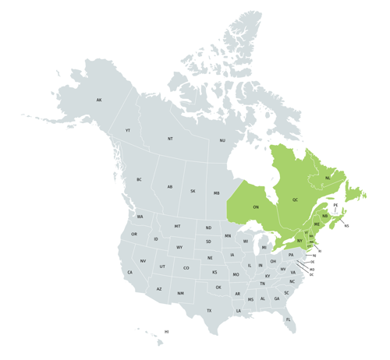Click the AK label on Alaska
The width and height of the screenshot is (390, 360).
click(99, 101)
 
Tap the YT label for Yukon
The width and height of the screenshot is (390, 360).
click(128, 131)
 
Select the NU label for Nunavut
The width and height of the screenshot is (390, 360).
click(222, 140)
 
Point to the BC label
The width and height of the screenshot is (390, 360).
click(139, 180)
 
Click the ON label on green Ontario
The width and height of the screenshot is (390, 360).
click(256, 207)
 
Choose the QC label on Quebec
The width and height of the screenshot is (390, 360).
click(295, 200)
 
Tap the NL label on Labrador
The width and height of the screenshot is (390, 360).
click(328, 178)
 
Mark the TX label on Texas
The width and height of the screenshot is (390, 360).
click(209, 311)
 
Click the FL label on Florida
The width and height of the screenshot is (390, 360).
click(288, 320)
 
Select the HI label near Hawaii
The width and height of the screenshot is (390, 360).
click(166, 332)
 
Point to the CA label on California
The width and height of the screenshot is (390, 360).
click(130, 273)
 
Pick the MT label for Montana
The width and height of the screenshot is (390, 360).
click(177, 226)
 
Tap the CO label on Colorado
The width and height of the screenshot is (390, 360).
click(186, 268)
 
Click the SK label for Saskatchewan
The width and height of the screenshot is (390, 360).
click(193, 191)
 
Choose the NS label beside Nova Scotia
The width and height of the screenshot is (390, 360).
click(346, 226)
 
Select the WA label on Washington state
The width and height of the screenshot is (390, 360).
click(140, 217)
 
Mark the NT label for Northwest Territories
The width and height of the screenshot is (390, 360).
click(170, 139)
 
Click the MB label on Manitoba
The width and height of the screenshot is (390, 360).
click(217, 193)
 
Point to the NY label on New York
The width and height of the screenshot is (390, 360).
click(300, 241)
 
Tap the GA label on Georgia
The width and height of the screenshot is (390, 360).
click(276, 298)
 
